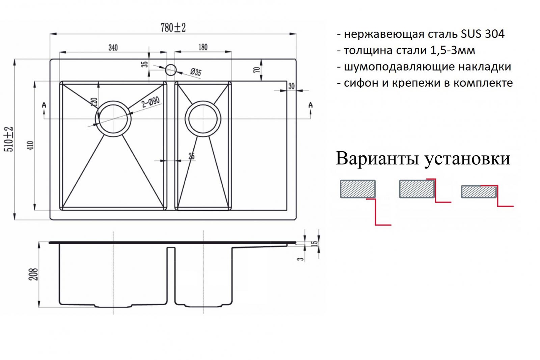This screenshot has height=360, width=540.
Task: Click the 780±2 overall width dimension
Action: pyautogui.click(x=173, y=28)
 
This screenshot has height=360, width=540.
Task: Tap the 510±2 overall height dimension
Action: pyautogui.click(x=9, y=139)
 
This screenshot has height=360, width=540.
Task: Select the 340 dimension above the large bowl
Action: pyautogui.click(x=113, y=48)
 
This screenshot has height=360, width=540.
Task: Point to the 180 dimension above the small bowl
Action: pyautogui.click(x=203, y=47)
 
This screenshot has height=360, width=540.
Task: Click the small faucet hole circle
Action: pyautogui.click(x=171, y=70)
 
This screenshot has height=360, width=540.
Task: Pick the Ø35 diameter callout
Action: pyautogui.click(x=196, y=72)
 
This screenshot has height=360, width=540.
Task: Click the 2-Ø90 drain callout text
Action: pyautogui.click(x=151, y=102)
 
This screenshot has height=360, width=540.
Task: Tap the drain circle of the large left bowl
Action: pyautogui.click(x=113, y=101)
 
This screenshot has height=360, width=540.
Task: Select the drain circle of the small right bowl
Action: pyautogui.click(x=203, y=101)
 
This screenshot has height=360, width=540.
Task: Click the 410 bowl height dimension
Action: pyautogui.click(x=31, y=146)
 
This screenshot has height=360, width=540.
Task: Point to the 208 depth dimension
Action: pyautogui.click(x=33, y=274)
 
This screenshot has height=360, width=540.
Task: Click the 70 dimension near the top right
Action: pyautogui.click(x=257, y=70)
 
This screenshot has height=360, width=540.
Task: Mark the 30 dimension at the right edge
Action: pyautogui.click(x=291, y=86)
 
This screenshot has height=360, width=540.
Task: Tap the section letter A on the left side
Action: pyautogui.click(x=44, y=105)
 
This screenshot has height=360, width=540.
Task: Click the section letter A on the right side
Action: pyautogui.click(x=310, y=105)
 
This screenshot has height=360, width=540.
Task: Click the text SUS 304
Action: pyautogui.click(x=483, y=34)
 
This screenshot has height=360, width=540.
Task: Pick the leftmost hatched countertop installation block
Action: pyautogui.click(x=358, y=189)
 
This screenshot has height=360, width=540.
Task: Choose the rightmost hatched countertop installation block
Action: pyautogui.click(x=479, y=191)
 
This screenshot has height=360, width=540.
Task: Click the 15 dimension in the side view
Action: pyautogui.click(x=315, y=243)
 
